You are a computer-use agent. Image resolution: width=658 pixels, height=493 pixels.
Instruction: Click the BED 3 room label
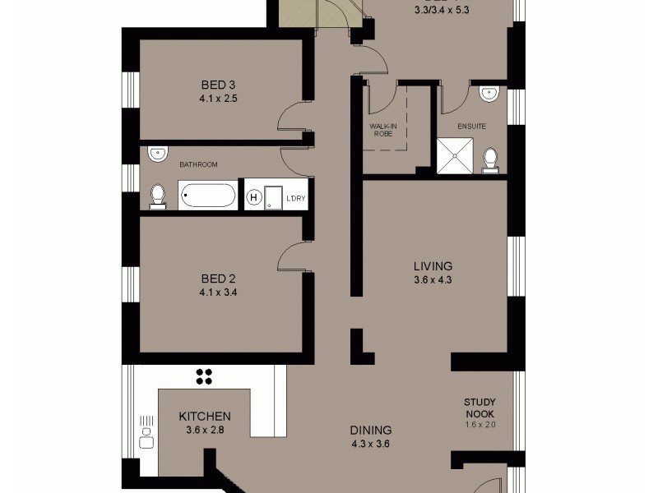[218, 85]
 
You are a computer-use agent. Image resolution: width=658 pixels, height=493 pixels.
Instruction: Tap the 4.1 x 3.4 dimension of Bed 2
[218, 291]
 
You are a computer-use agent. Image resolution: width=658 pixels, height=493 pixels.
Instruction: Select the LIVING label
[433, 265]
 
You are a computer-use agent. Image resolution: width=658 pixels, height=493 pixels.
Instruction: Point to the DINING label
[369, 430]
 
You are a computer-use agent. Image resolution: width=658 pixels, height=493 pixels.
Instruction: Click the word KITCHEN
[205, 417]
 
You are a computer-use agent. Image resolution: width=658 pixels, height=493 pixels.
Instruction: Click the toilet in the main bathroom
[157, 195]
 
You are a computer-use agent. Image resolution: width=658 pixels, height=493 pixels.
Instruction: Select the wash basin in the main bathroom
[158, 154]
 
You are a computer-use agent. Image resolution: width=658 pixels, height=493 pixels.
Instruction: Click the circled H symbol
[254, 197]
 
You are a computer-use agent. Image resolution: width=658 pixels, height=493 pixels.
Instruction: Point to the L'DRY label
[294, 198]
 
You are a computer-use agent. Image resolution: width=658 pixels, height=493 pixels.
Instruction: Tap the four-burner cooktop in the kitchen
[205, 376]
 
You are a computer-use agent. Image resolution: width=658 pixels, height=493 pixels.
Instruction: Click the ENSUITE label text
[472, 127]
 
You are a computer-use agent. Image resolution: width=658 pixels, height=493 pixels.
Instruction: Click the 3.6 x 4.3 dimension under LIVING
[433, 279]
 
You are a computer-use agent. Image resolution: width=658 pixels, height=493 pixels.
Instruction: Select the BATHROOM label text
[198, 164]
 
